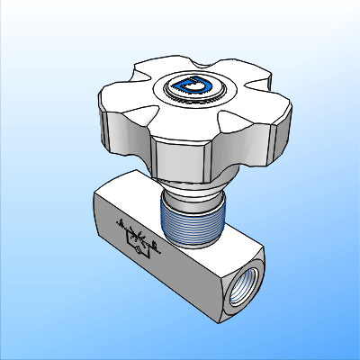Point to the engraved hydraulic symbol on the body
point(138,236)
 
